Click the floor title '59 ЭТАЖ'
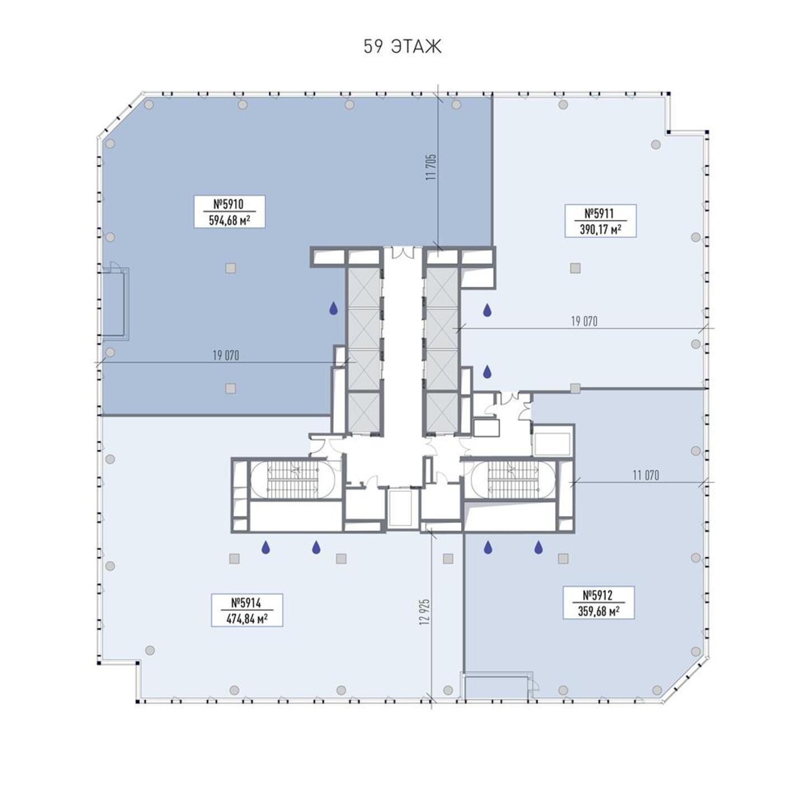pos(402,47)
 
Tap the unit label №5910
pos(229,204)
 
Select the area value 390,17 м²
pos(600,229)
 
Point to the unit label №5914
pos(246,603)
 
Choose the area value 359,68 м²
pos(598,612)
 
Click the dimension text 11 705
pos(431,167)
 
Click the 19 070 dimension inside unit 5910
pos(226,355)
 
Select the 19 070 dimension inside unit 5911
pos(584,321)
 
